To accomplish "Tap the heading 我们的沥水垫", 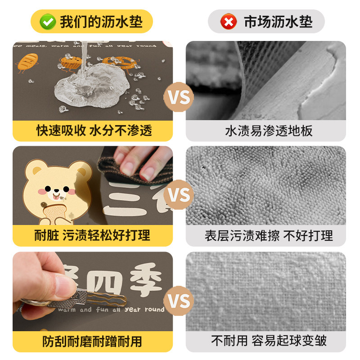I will (102, 22).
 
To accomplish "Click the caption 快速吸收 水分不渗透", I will (94, 130).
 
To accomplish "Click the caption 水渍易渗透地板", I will (269, 131).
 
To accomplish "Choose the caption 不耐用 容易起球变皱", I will (269, 341).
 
